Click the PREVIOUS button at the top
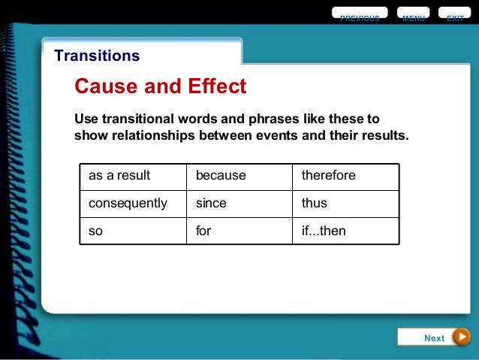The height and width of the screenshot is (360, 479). coord(360,16)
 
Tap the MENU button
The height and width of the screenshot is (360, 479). coord(413,16)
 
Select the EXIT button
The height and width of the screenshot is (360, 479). coord(455,16)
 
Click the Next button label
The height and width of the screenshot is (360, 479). coord(434,337)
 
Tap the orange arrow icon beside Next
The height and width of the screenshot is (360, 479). coord(462,337)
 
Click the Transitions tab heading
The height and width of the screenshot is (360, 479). coord(97,56)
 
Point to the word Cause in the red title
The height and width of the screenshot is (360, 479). coord(107,86)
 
